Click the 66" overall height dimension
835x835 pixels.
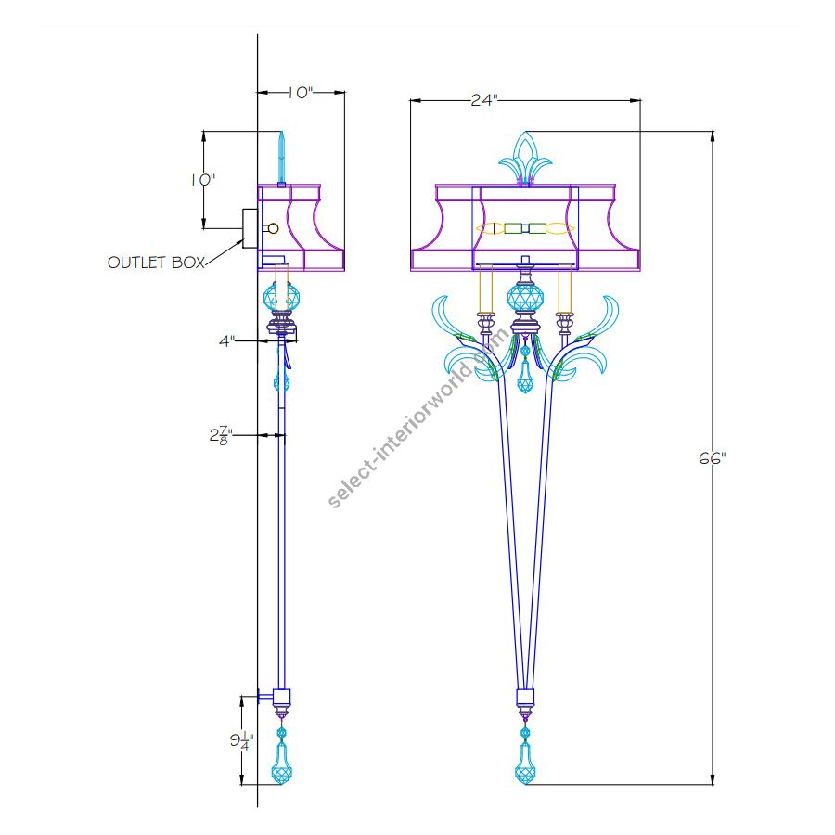pos(712,457)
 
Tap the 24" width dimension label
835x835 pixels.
pos(483,100)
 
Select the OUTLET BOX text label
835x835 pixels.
pos(156,263)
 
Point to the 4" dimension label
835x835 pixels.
pos(226,341)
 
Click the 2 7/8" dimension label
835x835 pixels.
pos(221,435)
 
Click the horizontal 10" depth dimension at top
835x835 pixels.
pos(300,93)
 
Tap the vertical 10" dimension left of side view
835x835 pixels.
pos(203,180)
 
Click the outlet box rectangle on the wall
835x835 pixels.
pos(250,228)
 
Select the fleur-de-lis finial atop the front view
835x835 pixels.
pos(525,159)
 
